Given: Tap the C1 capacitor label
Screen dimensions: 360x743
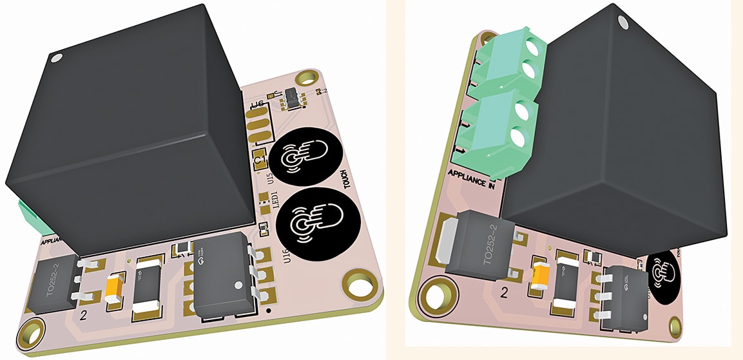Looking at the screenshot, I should (x=260, y=158).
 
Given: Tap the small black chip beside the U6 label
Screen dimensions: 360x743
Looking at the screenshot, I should (x=293, y=97).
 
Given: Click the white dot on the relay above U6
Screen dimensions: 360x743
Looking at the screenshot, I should (x=57, y=59).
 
